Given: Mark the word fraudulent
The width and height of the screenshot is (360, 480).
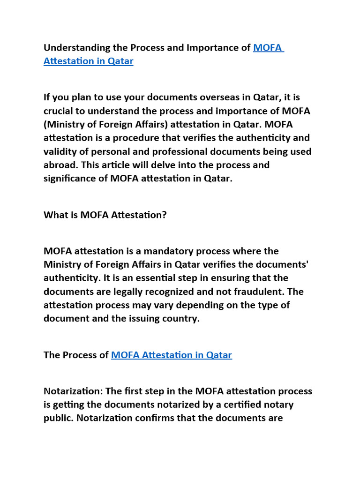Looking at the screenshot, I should pyautogui.click(x=260, y=292).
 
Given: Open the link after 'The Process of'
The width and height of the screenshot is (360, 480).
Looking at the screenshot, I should pyautogui.click(x=172, y=355).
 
